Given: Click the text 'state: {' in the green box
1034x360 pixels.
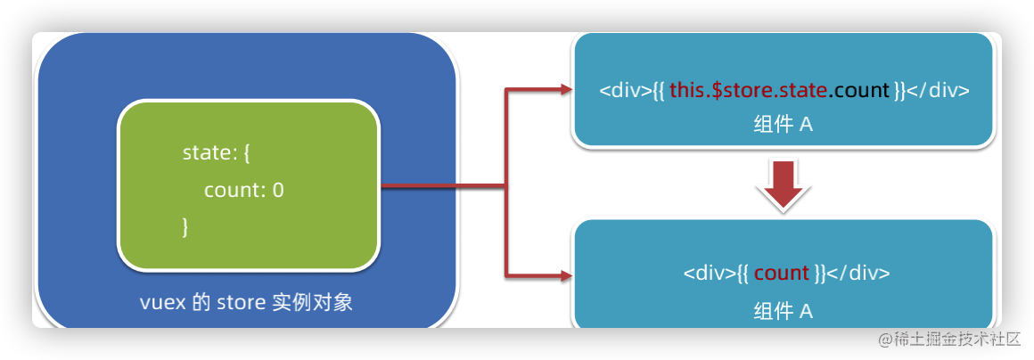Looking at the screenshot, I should coord(217,152).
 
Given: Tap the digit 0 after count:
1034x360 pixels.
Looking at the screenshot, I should coord(278,190).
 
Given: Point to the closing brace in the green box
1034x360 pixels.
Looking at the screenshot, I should coord(185,226).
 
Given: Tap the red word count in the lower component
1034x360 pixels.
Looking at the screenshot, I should coord(781,273).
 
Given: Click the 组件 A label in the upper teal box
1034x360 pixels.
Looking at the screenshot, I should coord(783,125).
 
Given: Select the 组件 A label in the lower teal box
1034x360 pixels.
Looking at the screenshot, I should coord(783,311).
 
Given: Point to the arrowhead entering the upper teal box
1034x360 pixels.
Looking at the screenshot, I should coord(563,89).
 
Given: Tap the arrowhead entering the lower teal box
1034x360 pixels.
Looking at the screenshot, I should coord(563,274).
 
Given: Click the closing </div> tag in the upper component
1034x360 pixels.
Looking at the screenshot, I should coord(938,91).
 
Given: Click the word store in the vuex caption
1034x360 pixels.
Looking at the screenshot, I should coord(238,303).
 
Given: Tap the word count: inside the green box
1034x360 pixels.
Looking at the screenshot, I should coord(234,190).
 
